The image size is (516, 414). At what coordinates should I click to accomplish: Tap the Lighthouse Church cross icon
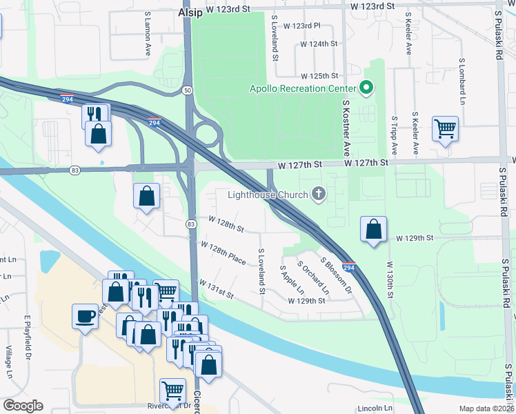[319, 194]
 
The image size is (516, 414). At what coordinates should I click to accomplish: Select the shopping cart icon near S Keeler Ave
[446, 128]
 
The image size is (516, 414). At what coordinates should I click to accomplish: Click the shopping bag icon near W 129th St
[373, 229]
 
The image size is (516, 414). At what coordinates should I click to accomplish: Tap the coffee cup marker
[86, 316]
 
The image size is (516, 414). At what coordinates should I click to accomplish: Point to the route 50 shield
[188, 90]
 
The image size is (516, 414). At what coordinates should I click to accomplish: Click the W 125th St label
[319, 76]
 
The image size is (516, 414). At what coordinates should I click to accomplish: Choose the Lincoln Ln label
[375, 408]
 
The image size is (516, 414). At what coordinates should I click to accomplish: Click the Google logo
[23, 406]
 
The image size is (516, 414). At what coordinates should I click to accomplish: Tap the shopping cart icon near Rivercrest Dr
[172, 391]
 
